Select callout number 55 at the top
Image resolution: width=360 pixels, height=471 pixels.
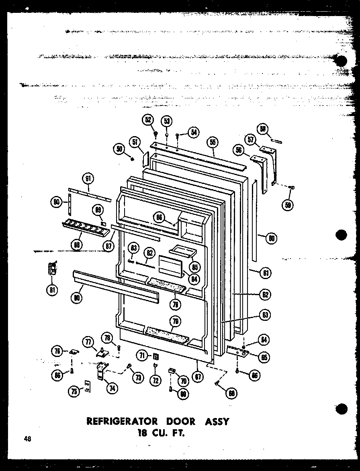pyautogui.click(x=212, y=142)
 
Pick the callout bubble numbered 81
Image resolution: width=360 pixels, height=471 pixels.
pyautogui.click(x=53, y=289)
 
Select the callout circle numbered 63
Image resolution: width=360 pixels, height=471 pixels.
pyautogui.click(x=265, y=315)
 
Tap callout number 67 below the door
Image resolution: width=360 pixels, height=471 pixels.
pyautogui.click(x=197, y=377)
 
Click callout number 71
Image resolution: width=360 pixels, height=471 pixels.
pyautogui.click(x=141, y=355)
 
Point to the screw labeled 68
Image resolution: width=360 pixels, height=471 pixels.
pyautogui.click(x=218, y=383)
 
